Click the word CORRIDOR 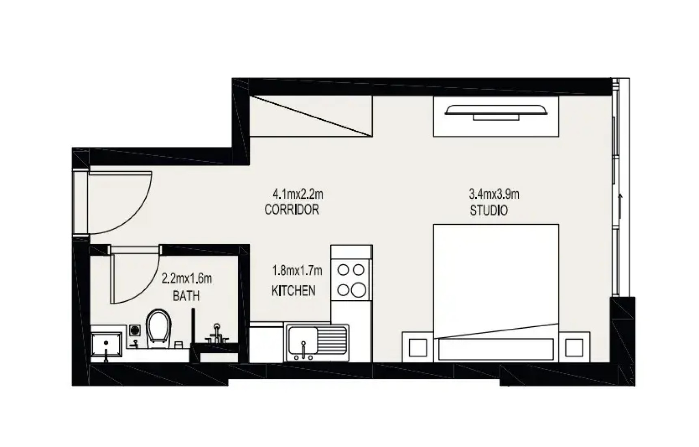coord(292,210)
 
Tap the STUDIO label coord(489,210)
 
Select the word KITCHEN coord(293,291)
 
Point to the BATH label coord(186,296)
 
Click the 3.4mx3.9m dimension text coord(494,194)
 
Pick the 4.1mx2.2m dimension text coord(298,194)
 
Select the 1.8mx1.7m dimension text coord(297,270)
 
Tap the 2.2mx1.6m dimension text coord(187,278)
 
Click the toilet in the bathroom coord(158,328)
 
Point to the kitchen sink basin coord(303,340)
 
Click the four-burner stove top coord(351,280)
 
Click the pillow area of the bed coord(496,349)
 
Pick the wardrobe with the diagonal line coord(311,116)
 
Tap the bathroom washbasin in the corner coord(106,344)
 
